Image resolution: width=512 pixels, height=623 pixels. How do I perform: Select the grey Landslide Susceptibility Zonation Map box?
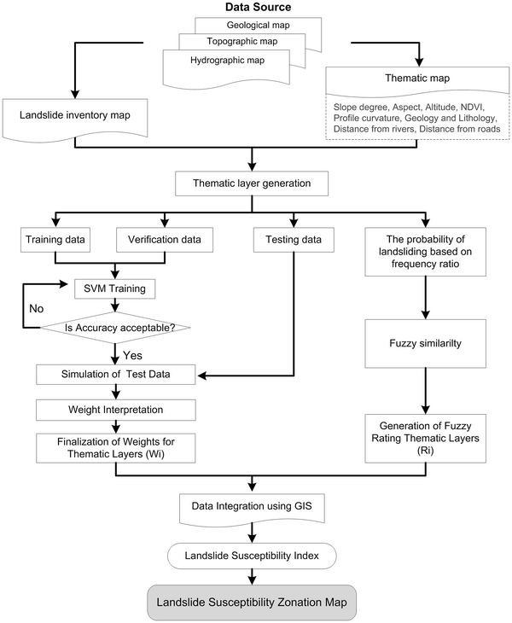tap(253, 602)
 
